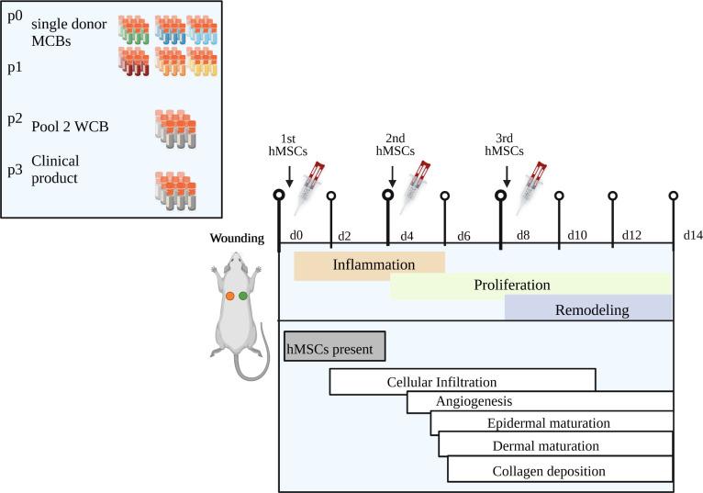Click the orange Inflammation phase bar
369,264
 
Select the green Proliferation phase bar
530,286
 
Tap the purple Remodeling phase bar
588,309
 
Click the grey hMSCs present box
334,347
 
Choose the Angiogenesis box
540,402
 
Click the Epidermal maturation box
551,424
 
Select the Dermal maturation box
555,445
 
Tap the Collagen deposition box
560,471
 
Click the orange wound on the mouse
229,297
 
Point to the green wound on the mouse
243,297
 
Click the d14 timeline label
693,235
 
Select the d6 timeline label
463,235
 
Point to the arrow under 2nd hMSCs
393,174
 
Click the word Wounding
238,239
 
